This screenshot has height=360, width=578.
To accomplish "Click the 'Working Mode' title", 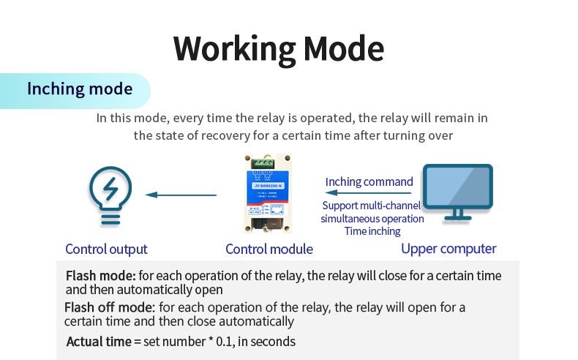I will [279, 48].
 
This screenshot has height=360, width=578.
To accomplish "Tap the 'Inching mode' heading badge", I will [80, 89].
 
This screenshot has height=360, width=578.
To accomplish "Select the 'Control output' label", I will [106, 250].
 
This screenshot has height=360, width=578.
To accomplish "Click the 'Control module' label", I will [269, 250].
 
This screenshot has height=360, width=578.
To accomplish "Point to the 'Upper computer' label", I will [448, 249].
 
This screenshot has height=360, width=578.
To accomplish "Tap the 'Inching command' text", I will [369, 181].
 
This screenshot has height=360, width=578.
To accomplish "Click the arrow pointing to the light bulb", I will [181, 195].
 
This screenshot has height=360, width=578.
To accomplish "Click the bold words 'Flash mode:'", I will [101, 276].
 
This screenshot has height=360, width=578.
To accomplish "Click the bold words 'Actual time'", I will [99, 342].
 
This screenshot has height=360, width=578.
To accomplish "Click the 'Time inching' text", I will [372, 231].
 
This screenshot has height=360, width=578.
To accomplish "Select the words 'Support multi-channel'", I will [372, 206].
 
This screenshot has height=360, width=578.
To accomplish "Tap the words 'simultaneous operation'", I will [372, 219].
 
